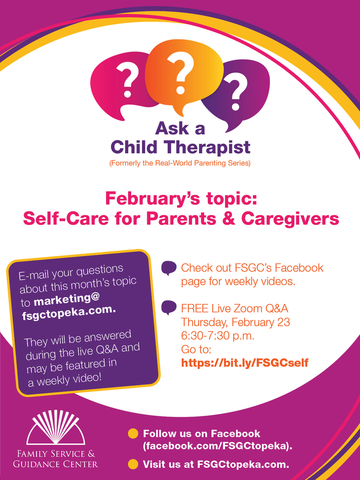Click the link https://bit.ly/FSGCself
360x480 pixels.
[x=245, y=363]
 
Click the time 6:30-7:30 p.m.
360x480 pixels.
[x=218, y=336]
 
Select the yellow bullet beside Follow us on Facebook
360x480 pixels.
[x=133, y=434]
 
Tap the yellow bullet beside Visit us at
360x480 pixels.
[x=133, y=464]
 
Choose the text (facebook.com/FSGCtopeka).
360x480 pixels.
[x=217, y=446]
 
